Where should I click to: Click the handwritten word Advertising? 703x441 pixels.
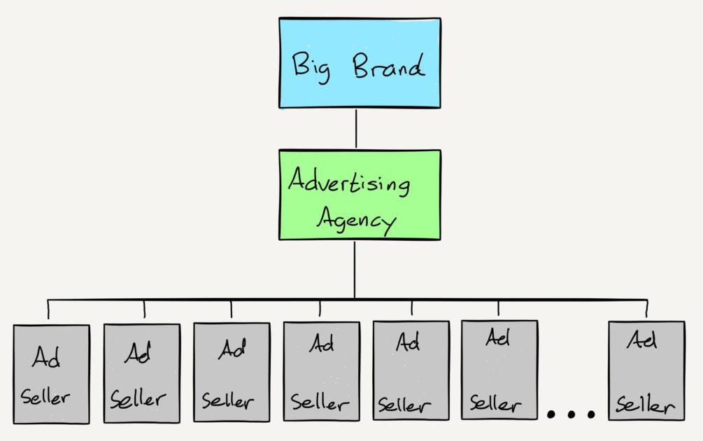[x=349, y=183]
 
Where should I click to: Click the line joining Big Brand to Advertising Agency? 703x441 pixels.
[x=356, y=128]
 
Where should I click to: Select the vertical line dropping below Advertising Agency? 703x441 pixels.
[x=355, y=269]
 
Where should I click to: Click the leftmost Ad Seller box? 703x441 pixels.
[x=51, y=374]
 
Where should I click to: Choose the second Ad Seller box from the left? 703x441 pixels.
[x=141, y=374]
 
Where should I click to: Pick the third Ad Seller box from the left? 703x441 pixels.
[x=232, y=372]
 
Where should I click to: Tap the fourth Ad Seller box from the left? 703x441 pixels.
[x=321, y=371]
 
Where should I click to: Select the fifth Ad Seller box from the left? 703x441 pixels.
[x=411, y=370]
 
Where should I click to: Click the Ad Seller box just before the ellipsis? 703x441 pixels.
[x=499, y=370]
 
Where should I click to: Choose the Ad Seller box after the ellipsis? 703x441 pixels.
[x=646, y=370]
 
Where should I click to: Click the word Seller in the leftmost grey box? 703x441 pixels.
[x=45, y=398]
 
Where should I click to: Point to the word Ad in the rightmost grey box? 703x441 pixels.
[x=641, y=341]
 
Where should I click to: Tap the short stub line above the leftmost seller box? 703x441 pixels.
[x=48, y=308]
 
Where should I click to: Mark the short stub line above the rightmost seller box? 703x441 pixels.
[x=646, y=308]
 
